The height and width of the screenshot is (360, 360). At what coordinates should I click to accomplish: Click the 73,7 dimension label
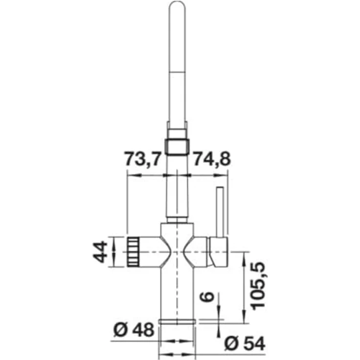[x=142, y=158]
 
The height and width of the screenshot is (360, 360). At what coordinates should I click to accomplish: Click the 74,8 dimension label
[x=212, y=158]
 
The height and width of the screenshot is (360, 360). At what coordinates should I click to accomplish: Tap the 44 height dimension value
[x=100, y=251]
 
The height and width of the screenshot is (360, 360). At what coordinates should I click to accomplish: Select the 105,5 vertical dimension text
[x=258, y=286]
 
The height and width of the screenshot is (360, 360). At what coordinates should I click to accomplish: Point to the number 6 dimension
[x=207, y=296]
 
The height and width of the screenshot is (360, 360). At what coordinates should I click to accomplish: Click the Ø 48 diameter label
[x=134, y=330]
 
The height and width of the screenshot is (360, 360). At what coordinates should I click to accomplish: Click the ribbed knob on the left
[x=133, y=252]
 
